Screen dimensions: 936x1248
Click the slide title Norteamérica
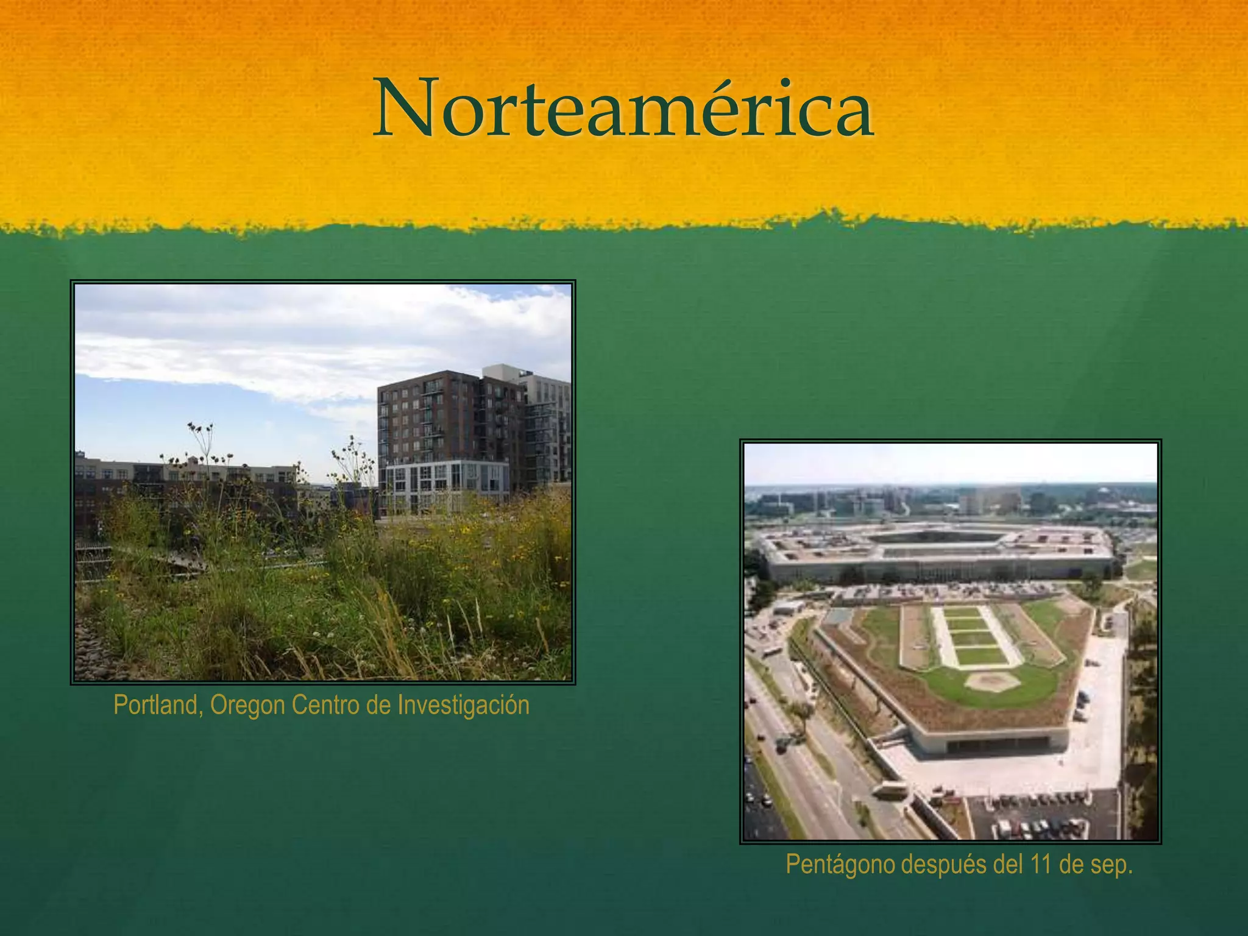623,108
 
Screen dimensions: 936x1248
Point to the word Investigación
463,706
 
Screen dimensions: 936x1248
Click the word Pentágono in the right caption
840,865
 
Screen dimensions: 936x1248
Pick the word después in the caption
943,865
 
